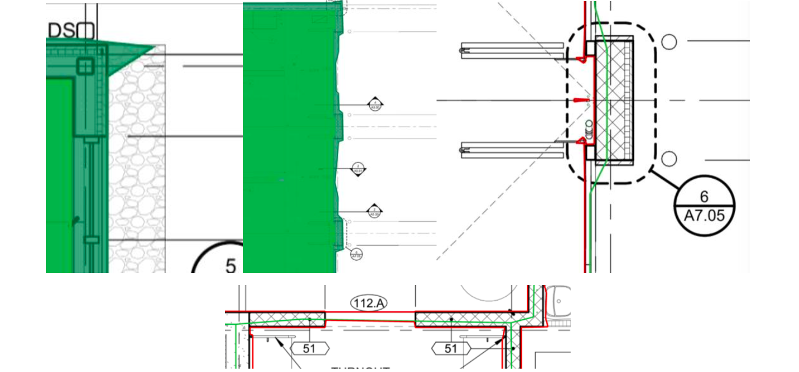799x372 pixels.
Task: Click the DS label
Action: pyautogui.click(x=61, y=31)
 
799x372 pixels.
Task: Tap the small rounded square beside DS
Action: pyautogui.click(x=85, y=31)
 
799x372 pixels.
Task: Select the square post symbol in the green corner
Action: pyautogui.click(x=85, y=67)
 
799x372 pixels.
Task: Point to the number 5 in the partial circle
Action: pyautogui.click(x=231, y=265)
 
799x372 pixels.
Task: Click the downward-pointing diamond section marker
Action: pyautogui.click(x=359, y=169)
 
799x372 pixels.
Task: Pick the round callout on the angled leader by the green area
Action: pyautogui.click(x=356, y=254)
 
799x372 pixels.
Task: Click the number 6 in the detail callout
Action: pyautogui.click(x=704, y=196)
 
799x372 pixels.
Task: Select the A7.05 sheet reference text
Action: pyautogui.click(x=704, y=215)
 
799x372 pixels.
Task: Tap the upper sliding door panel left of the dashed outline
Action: pyautogui.click(x=512, y=51)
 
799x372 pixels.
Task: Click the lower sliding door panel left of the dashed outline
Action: pyautogui.click(x=512, y=149)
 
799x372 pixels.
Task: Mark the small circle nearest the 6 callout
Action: pyautogui.click(x=669, y=159)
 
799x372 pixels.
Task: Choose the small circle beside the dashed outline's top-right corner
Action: pyautogui.click(x=669, y=42)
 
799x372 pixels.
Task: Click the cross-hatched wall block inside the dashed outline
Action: pyautogui.click(x=614, y=100)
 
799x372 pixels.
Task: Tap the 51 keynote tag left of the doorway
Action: pyautogui.click(x=309, y=348)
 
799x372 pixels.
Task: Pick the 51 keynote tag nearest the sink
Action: pyautogui.click(x=451, y=348)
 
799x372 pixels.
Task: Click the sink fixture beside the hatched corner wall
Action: pyautogui.click(x=561, y=301)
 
